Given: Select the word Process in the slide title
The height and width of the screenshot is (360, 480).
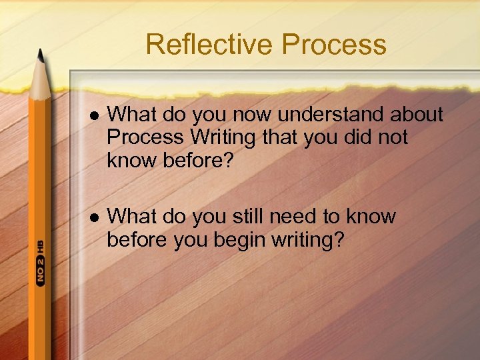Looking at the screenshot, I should tap(333, 45).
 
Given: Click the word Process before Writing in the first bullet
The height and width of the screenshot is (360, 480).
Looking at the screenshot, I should tap(145, 137).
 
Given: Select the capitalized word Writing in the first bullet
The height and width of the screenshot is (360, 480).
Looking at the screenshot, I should tap(223, 137).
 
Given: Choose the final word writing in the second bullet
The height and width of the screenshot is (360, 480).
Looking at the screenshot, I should tap(307, 239).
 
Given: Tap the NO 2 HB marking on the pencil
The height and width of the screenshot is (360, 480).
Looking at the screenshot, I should tap(41, 263).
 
